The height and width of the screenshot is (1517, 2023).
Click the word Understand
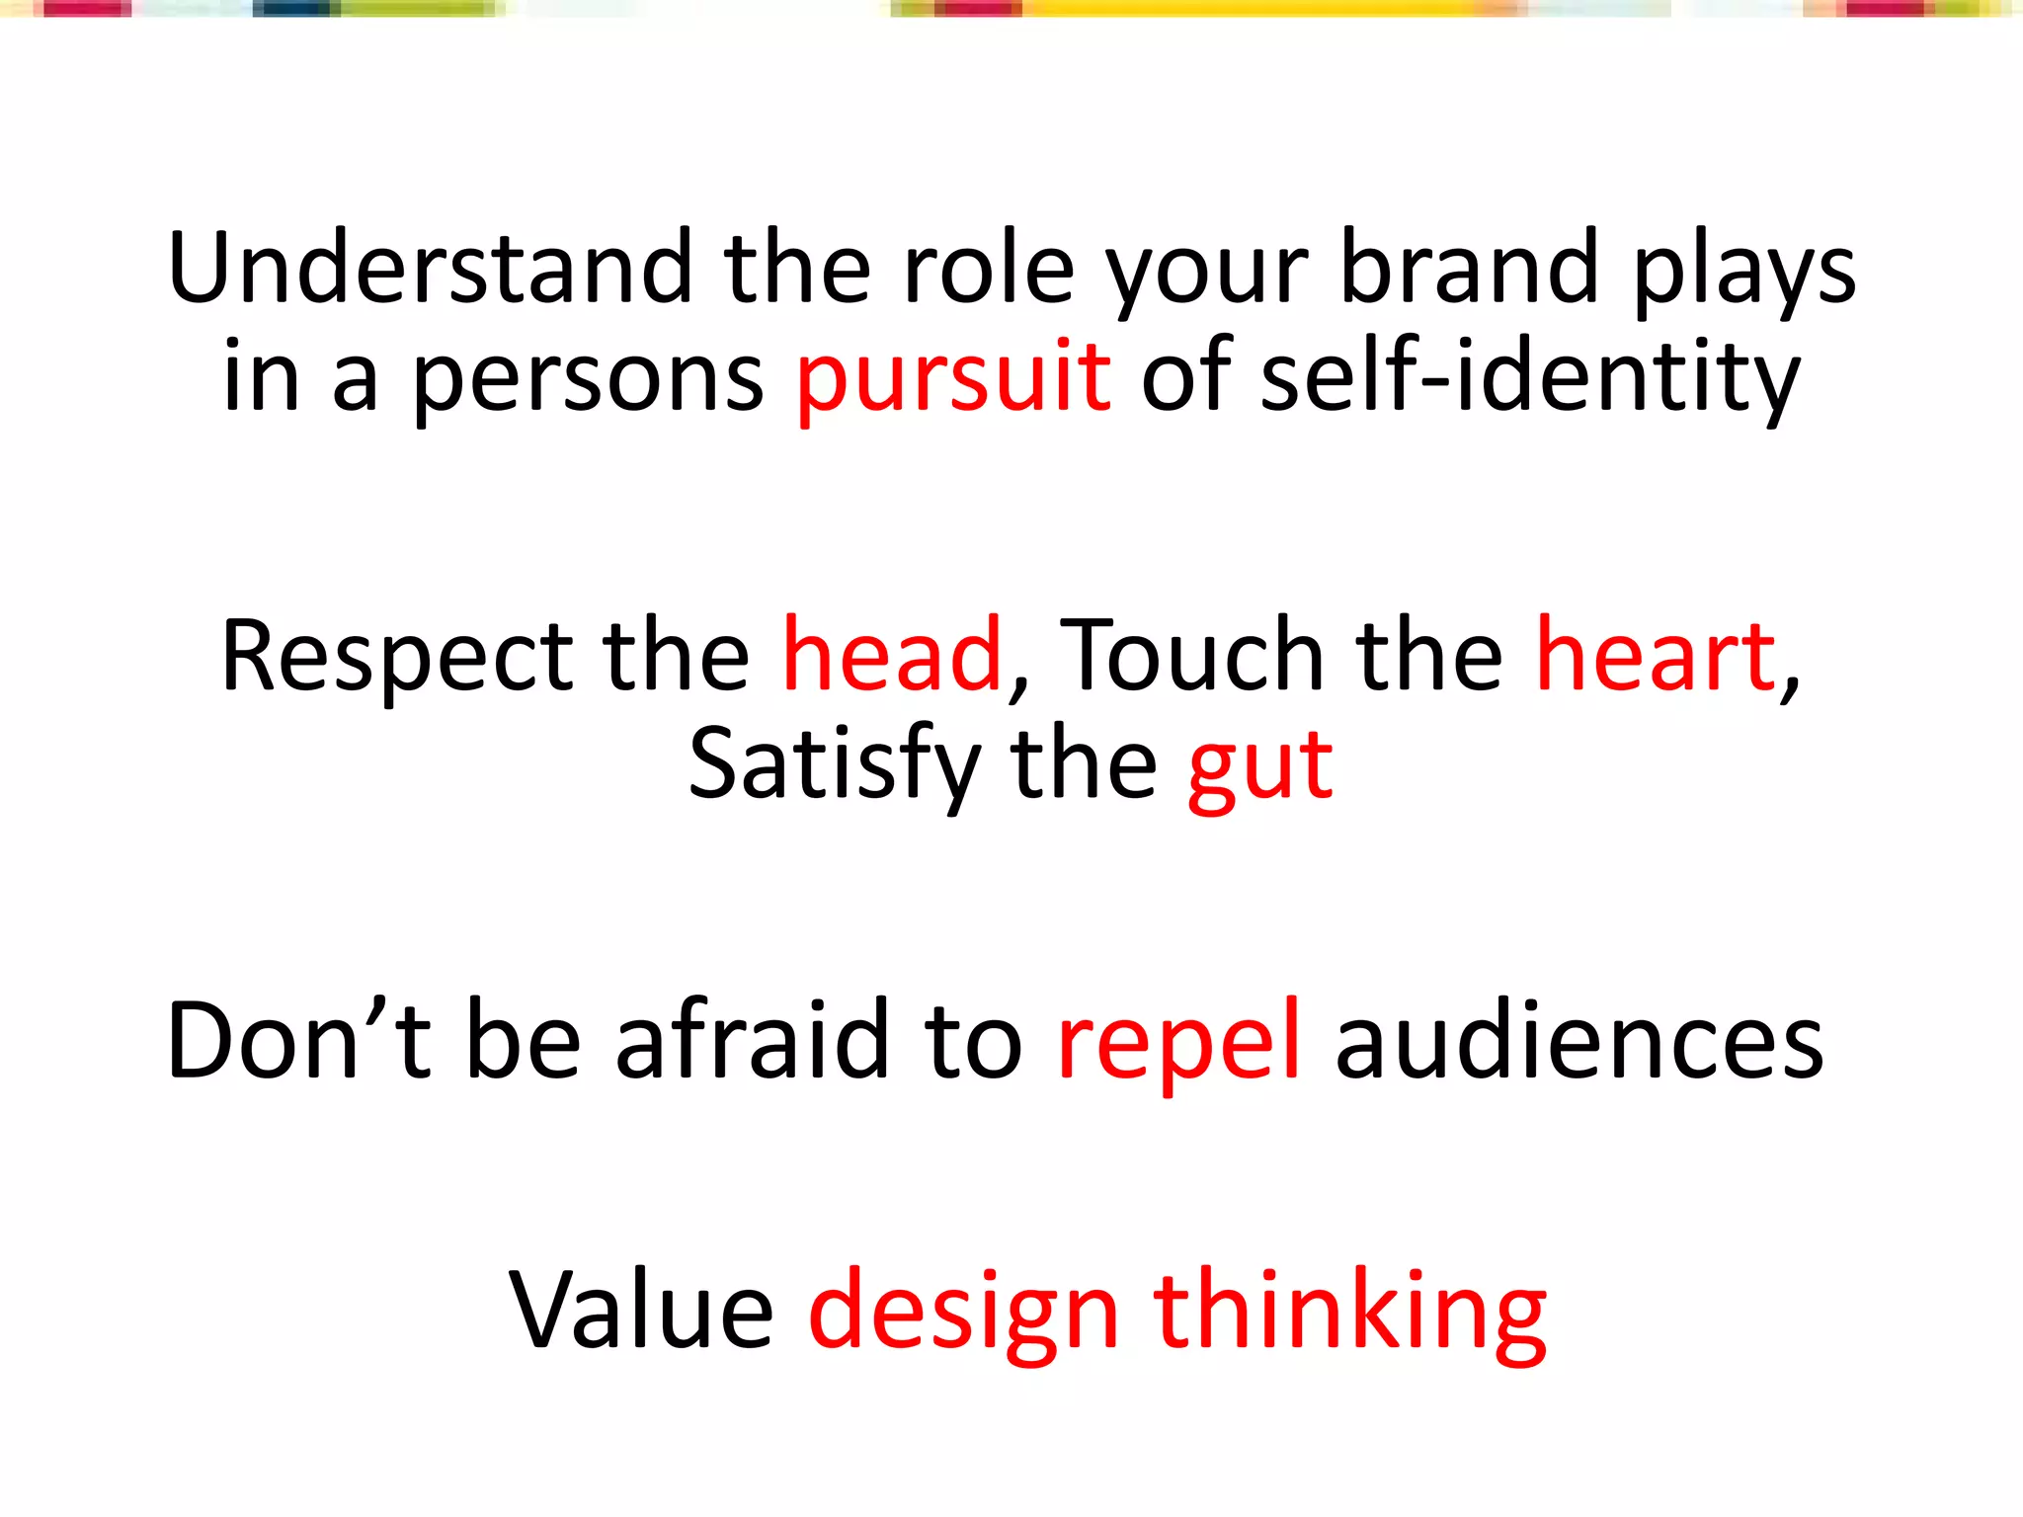tap(430, 267)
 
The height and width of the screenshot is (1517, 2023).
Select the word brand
tap(1469, 267)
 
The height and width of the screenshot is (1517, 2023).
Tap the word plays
tap(1744, 272)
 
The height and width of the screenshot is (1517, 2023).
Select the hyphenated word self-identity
tap(1530, 377)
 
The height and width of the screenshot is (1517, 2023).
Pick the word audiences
tap(1578, 1040)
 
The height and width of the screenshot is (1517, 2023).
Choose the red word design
tap(964, 1314)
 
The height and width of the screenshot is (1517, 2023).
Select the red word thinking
tap(1349, 1314)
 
